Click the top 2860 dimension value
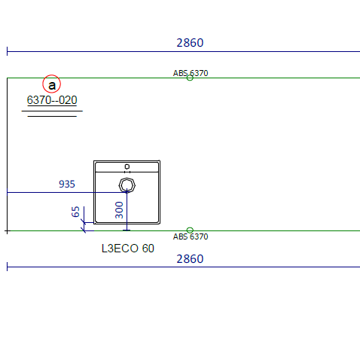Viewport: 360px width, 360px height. coord(190,43)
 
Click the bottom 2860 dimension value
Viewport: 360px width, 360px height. coord(190,259)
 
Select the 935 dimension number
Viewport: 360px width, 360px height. coord(67,184)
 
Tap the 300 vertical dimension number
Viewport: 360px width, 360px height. coord(119,210)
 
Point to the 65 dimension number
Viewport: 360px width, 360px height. coord(75,212)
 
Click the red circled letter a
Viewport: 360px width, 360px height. coord(51,84)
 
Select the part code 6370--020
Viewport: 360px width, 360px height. coord(52,100)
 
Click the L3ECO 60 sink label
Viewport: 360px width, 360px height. coord(128,249)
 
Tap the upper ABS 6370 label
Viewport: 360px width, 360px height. coord(191,73)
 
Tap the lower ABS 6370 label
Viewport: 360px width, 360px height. coord(191,236)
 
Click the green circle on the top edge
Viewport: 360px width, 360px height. coord(190,78)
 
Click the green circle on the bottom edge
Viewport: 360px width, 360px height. coord(190,230)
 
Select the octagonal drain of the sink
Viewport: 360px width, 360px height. coord(127,185)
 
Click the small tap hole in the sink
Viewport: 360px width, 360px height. coord(127,166)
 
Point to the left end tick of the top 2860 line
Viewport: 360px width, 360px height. coord(7,51)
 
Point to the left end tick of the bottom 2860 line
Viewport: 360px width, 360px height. coord(7,267)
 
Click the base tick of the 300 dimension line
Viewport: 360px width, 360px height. coord(127,230)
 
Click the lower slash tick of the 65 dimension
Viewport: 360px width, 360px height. coord(84,230)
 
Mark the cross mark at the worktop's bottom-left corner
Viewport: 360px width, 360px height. coord(7,230)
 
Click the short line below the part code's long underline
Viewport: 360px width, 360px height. coord(52,116)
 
